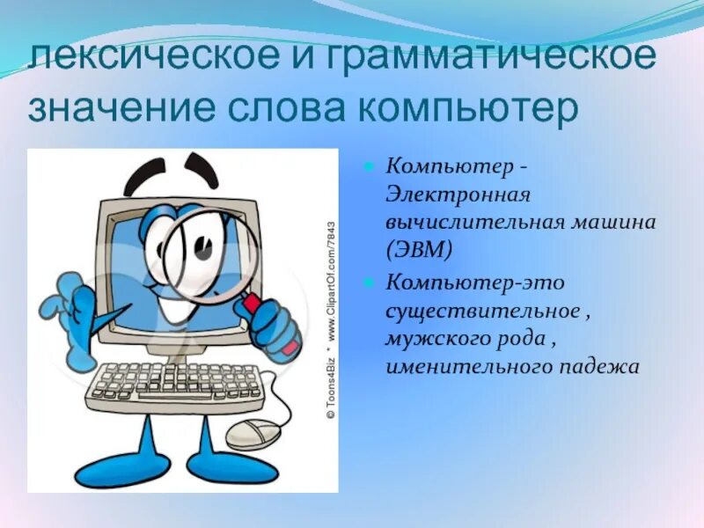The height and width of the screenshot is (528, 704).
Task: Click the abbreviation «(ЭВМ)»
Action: pyautogui.click(x=419, y=250)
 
